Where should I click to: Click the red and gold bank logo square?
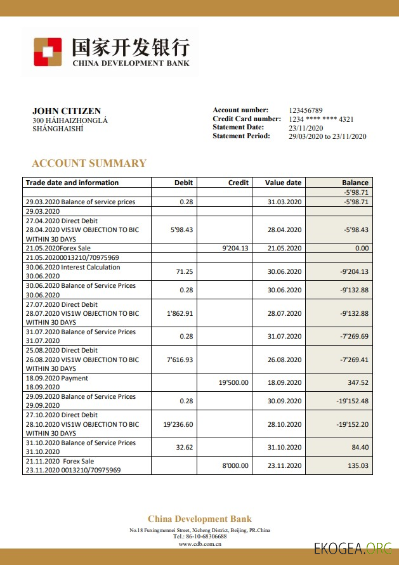(48, 52)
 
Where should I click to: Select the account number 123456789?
(306, 110)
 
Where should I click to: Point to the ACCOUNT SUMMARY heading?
(89, 163)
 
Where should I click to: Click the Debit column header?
(183, 183)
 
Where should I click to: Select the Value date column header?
(283, 183)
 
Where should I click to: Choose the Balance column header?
(355, 183)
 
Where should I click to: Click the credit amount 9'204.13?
(235, 249)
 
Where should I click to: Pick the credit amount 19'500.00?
(233, 383)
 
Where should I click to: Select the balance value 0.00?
(362, 249)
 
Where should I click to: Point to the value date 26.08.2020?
(284, 360)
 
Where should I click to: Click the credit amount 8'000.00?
(235, 466)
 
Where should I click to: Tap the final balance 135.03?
(358, 466)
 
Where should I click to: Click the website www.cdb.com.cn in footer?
(200, 543)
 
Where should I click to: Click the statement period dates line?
(327, 136)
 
